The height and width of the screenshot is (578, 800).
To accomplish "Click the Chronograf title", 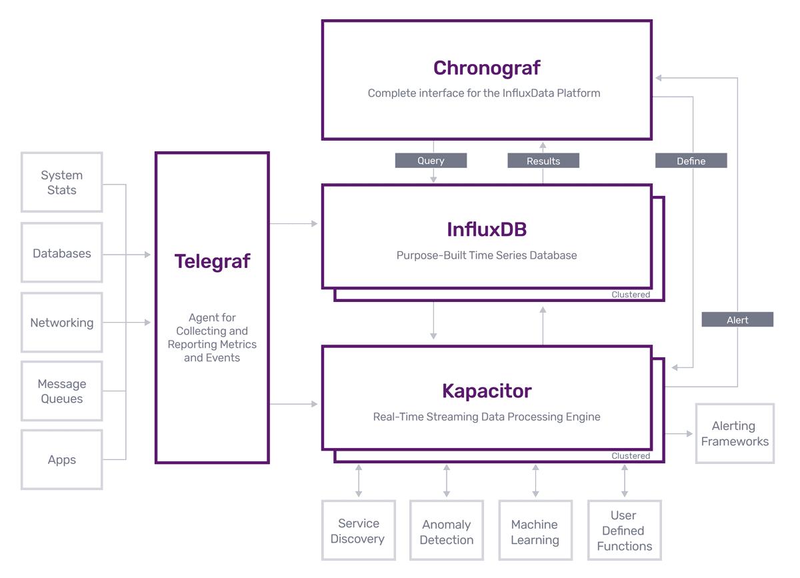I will pos(487,68).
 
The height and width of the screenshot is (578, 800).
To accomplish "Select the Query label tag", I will pos(431,161).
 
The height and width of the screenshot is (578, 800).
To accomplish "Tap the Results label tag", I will pos(543,161).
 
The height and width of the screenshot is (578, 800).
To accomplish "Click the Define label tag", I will pos(691,161).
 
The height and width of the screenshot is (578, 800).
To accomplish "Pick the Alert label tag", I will pos(737,320).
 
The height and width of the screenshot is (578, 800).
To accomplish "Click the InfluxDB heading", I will pos(487,230).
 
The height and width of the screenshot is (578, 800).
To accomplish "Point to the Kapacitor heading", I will pos(487,391).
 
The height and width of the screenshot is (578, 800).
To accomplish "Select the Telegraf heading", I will pos(212,261).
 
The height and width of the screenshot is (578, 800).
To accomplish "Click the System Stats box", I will pos(62,183).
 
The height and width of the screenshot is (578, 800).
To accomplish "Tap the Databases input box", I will pos(62,253).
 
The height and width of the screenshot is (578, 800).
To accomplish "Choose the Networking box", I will pos(62,323).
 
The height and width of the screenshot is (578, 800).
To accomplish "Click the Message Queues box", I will pos(62,391).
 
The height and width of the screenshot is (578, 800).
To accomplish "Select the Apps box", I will pos(62,460).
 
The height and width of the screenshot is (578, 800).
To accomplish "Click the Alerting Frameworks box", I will pos(735,433).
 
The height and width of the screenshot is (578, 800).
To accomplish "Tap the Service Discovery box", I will pos(358,531).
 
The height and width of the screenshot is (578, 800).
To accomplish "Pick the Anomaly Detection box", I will pos(447,532).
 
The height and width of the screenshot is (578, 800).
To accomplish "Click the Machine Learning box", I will pos(535,532).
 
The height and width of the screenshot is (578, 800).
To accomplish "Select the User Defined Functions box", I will pos(624,531).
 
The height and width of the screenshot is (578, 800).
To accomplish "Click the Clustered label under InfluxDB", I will pos(631,295).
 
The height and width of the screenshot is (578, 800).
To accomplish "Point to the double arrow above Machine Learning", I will pos(535,481).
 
